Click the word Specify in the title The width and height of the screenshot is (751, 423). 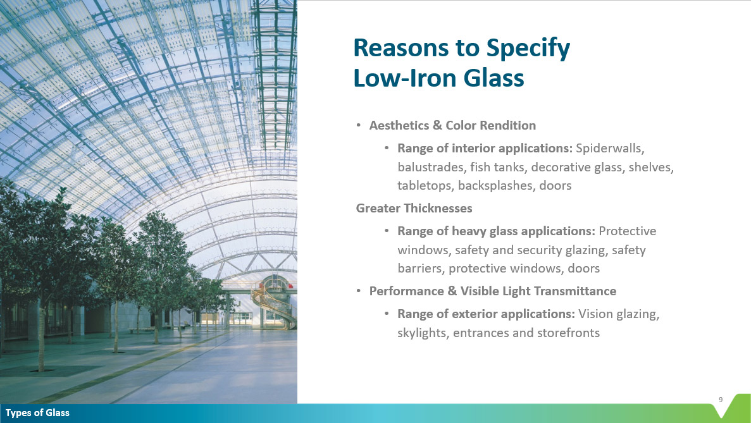pyautogui.click(x=528, y=48)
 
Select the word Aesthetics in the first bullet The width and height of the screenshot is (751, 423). pyautogui.click(x=399, y=125)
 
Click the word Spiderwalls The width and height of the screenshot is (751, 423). pyautogui.click(x=610, y=149)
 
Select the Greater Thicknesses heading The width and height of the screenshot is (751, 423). pyautogui.click(x=414, y=208)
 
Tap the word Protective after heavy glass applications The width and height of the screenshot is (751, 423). pyautogui.click(x=628, y=231)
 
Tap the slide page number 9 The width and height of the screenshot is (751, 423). pyautogui.click(x=721, y=400)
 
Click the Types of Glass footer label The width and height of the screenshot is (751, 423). pyautogui.click(x=37, y=412)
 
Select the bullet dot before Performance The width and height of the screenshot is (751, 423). pyautogui.click(x=358, y=291)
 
